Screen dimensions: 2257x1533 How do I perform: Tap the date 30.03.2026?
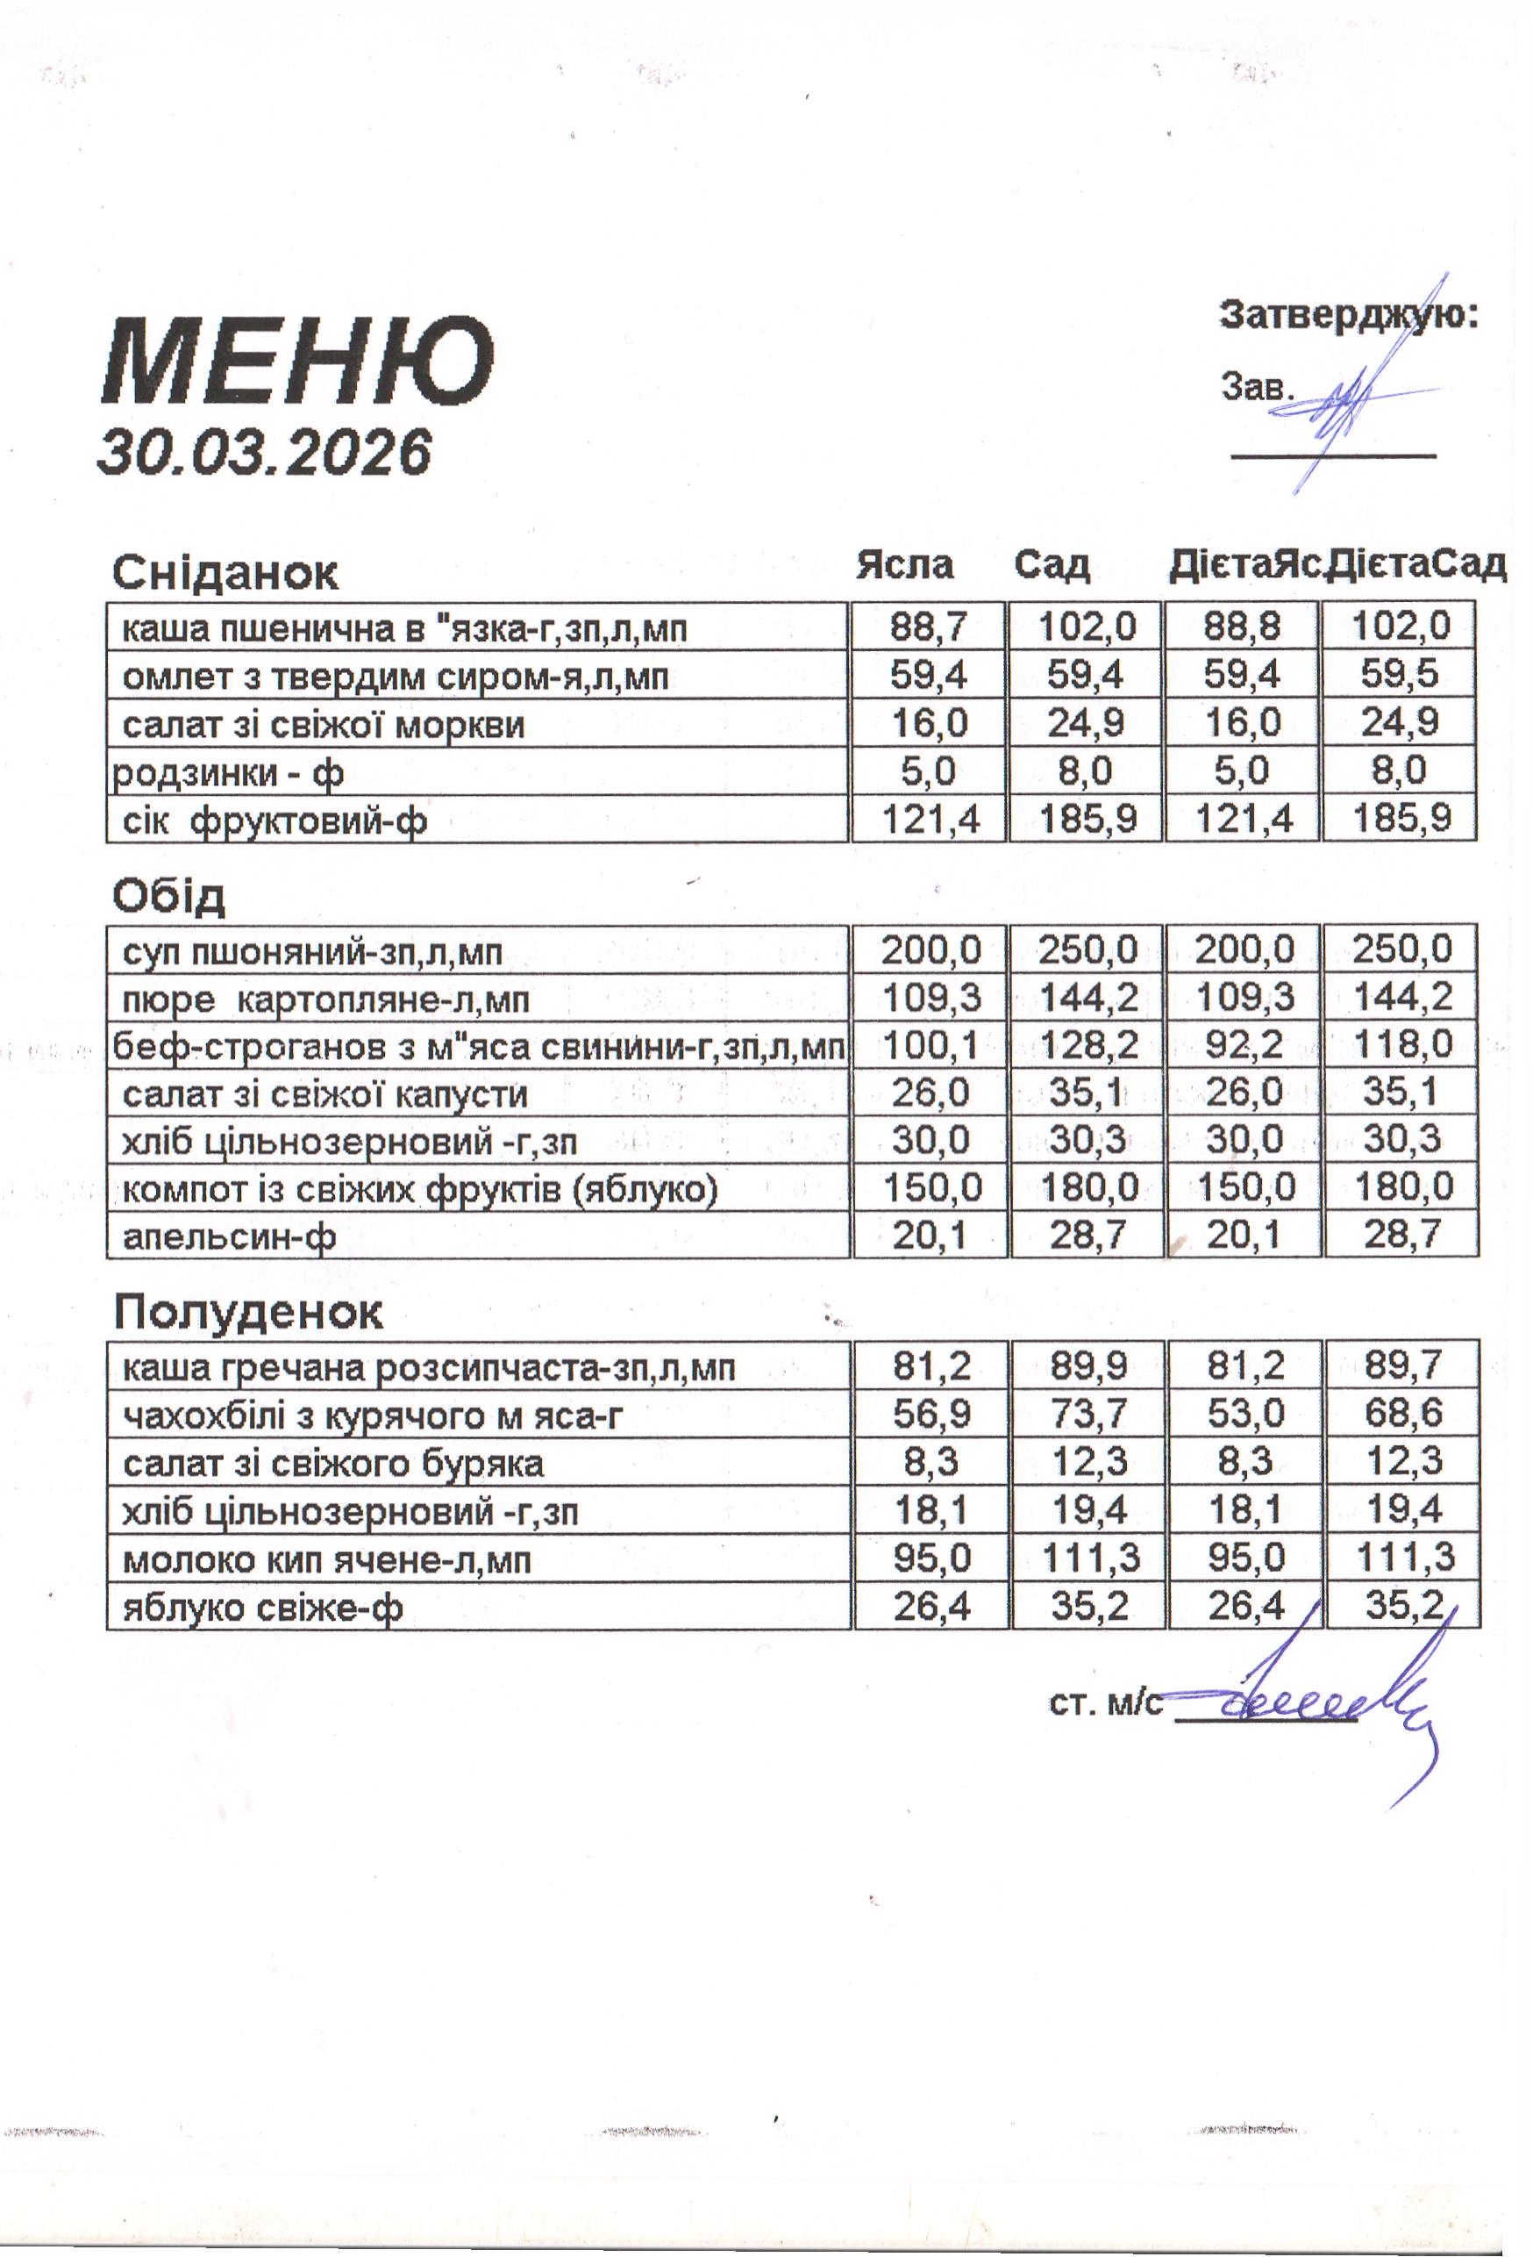click(264, 452)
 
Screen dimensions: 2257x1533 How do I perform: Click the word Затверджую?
click(1348, 316)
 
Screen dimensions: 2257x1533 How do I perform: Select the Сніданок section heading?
click(225, 573)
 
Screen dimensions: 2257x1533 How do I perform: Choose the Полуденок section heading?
click(247, 1312)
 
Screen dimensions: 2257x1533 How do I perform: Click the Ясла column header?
click(904, 564)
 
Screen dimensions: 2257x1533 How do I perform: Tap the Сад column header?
click(1052, 564)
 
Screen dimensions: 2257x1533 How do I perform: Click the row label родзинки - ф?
click(228, 773)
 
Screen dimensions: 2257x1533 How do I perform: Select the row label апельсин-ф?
click(229, 1237)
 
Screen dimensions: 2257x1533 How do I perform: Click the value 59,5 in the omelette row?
click(1399, 674)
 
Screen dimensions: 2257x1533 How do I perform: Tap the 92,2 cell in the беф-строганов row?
click(1244, 1045)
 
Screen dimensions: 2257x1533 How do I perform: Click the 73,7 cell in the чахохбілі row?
click(1088, 1414)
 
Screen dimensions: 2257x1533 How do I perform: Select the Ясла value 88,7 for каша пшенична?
click(929, 627)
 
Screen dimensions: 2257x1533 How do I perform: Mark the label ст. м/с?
click(1105, 1704)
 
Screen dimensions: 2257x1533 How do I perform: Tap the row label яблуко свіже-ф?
click(262, 1609)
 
